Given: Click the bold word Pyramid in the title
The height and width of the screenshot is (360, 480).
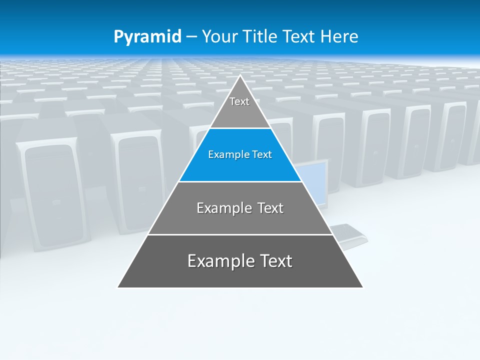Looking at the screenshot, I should tap(147, 37).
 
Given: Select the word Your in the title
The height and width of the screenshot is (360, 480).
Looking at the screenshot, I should tap(219, 37).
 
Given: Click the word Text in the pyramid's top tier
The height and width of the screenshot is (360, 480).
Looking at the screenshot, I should tap(239, 102).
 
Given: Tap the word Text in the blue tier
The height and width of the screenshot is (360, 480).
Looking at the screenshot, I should tap(261, 155).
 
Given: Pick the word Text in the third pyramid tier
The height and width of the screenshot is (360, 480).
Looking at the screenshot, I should tap(270, 208).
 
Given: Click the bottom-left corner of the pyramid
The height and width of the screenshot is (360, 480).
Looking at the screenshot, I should tap(118, 287).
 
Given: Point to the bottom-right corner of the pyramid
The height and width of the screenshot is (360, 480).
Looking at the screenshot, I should tap(362, 287).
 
